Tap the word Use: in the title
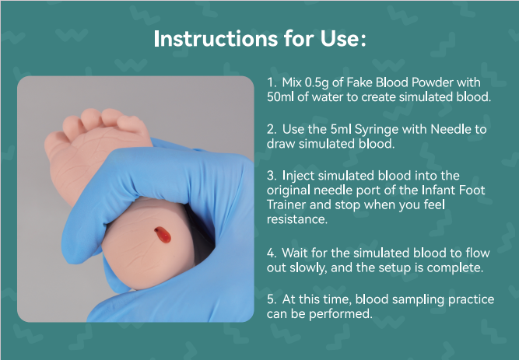(x=338, y=40)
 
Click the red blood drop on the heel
(x=161, y=233)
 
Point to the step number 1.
(x=270, y=82)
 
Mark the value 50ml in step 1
(x=281, y=97)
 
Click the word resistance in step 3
(x=297, y=220)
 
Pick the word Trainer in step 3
(x=286, y=206)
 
